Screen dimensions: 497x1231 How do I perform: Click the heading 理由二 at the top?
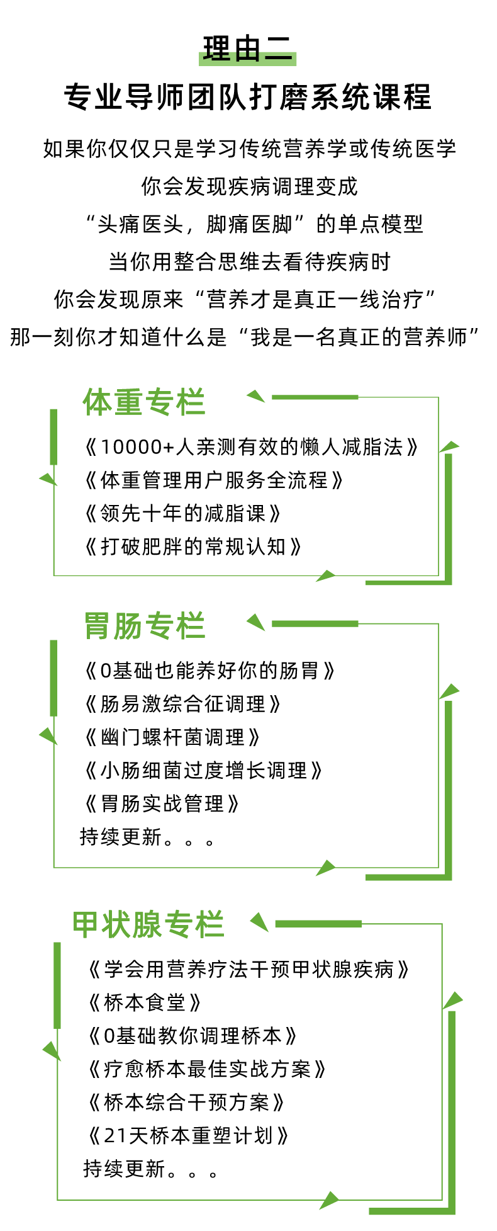click(248, 49)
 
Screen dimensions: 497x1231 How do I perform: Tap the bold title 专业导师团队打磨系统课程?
click(248, 98)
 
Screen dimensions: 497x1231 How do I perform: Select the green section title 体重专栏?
click(144, 402)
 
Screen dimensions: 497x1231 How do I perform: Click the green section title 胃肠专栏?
click(145, 626)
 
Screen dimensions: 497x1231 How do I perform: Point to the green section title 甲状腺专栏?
click(148, 924)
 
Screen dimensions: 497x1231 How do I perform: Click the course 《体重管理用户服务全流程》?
click(214, 480)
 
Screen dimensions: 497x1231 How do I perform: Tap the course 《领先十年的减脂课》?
click(182, 514)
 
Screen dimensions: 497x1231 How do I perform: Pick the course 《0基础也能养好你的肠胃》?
click(209, 671)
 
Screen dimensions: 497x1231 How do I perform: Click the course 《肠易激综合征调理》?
click(182, 704)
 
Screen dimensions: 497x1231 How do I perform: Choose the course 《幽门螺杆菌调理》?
click(172, 737)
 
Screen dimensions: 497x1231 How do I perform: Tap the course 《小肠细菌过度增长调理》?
click(203, 770)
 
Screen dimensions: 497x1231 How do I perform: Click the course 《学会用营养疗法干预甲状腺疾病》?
click(249, 969)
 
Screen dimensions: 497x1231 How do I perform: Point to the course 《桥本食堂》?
click(145, 1002)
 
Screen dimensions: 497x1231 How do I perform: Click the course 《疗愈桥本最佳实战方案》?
click(207, 1069)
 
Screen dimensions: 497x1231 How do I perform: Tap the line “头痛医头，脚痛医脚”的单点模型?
click(254, 224)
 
